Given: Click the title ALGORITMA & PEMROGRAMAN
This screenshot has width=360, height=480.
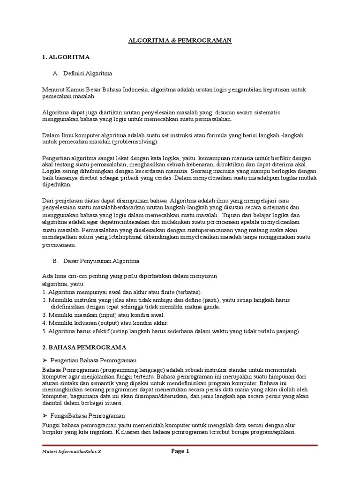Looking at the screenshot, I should click(180, 41).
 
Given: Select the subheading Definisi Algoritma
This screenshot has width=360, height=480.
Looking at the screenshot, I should click(90, 74).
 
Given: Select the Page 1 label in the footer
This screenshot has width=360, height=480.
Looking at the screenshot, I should click(180, 451).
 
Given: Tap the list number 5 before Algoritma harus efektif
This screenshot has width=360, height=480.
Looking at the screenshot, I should click(44, 331).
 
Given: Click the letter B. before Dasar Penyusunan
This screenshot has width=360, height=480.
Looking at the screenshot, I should click(55, 260).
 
